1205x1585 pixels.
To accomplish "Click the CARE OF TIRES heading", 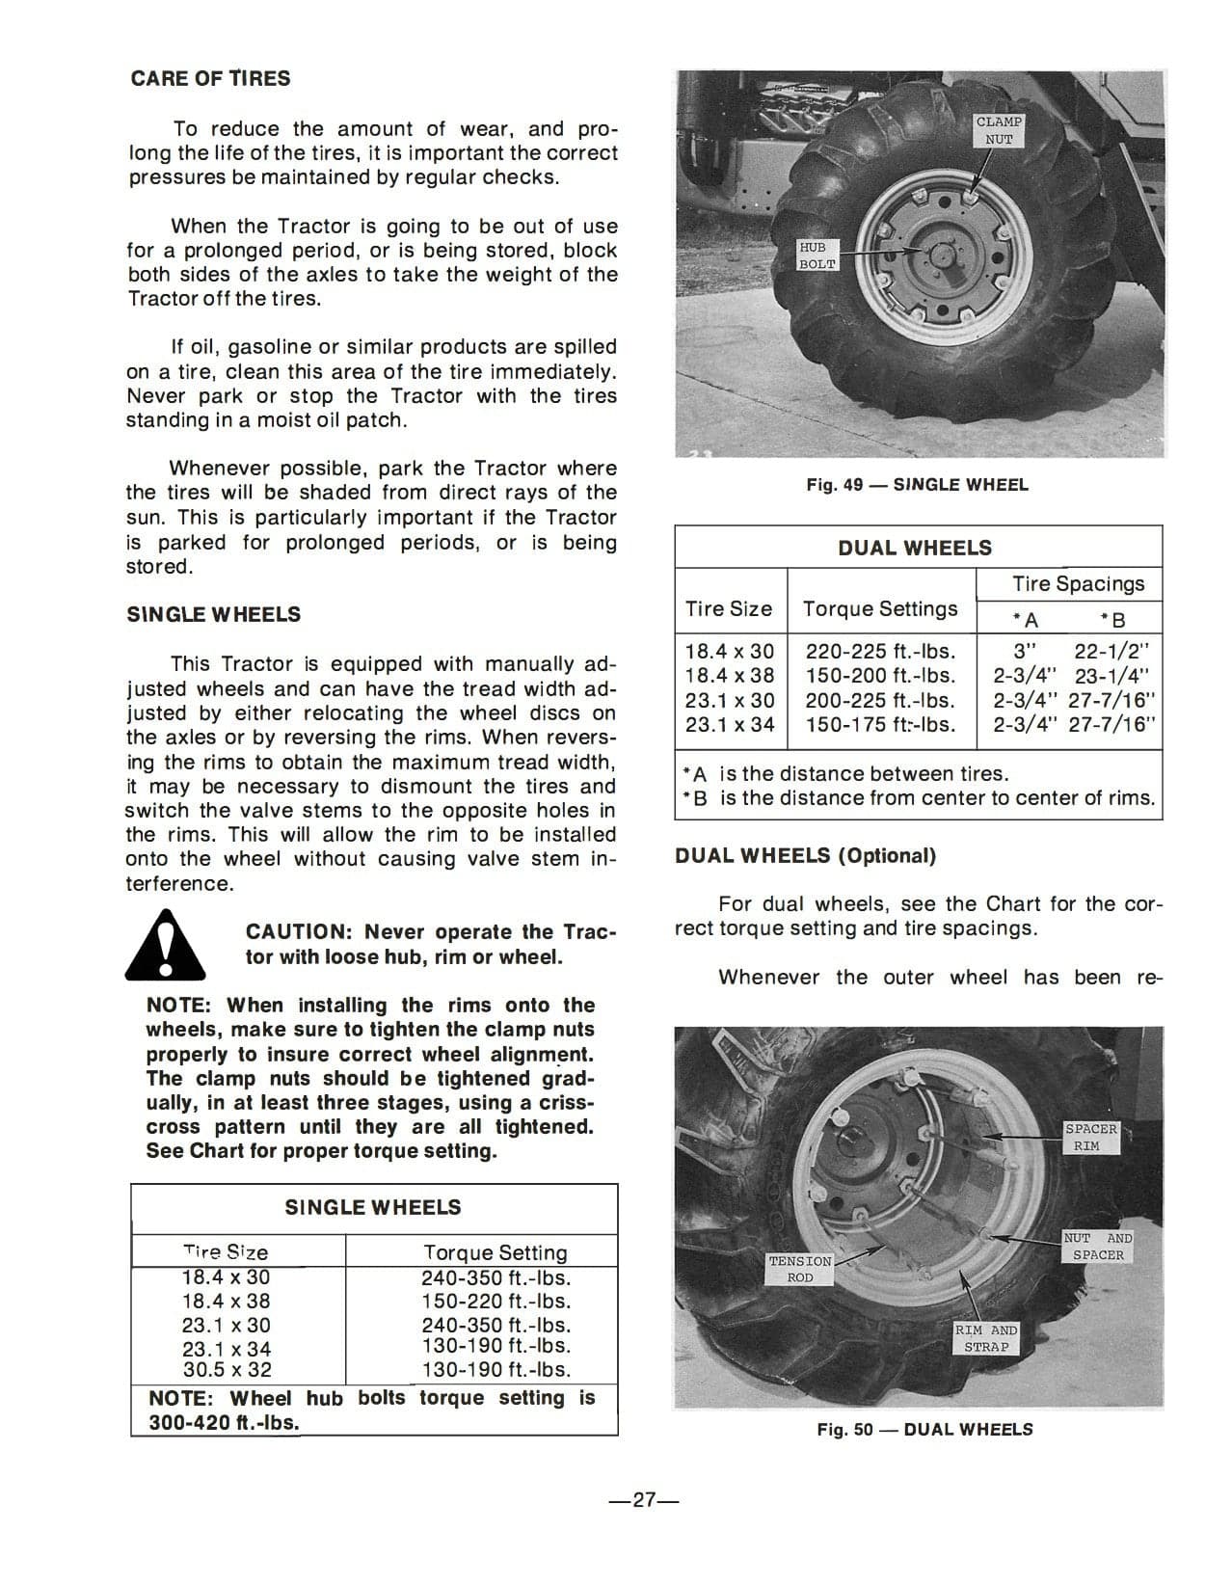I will click(x=210, y=79).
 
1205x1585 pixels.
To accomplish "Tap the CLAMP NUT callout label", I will click(x=999, y=130).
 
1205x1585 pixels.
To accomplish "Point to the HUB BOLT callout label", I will click(x=817, y=255).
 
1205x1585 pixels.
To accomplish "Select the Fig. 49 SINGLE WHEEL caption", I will click(x=917, y=485).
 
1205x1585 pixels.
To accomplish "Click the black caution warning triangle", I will click(x=165, y=945).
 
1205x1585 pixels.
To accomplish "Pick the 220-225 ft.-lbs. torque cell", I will click(x=880, y=652).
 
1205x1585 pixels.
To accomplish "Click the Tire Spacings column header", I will click(x=1078, y=583).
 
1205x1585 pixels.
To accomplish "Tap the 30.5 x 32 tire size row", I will click(x=228, y=1369).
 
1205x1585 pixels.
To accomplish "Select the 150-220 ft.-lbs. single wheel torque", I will click(x=495, y=1302).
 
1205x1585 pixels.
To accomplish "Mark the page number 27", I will click(x=644, y=1500).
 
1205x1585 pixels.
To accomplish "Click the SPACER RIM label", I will click(x=1090, y=1138).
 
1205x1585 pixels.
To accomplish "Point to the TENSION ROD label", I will click(x=800, y=1269).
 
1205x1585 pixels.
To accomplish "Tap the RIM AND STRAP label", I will click(x=986, y=1338).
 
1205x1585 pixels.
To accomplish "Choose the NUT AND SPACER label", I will click(x=1098, y=1247).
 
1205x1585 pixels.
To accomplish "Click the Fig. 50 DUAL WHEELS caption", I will click(x=924, y=1429).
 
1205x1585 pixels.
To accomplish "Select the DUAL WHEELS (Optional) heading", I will click(x=805, y=856).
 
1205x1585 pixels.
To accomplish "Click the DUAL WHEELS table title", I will click(x=914, y=548).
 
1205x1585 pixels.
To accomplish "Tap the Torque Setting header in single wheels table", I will click(x=495, y=1252).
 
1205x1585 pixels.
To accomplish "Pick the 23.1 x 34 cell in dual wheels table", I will click(x=730, y=724).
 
